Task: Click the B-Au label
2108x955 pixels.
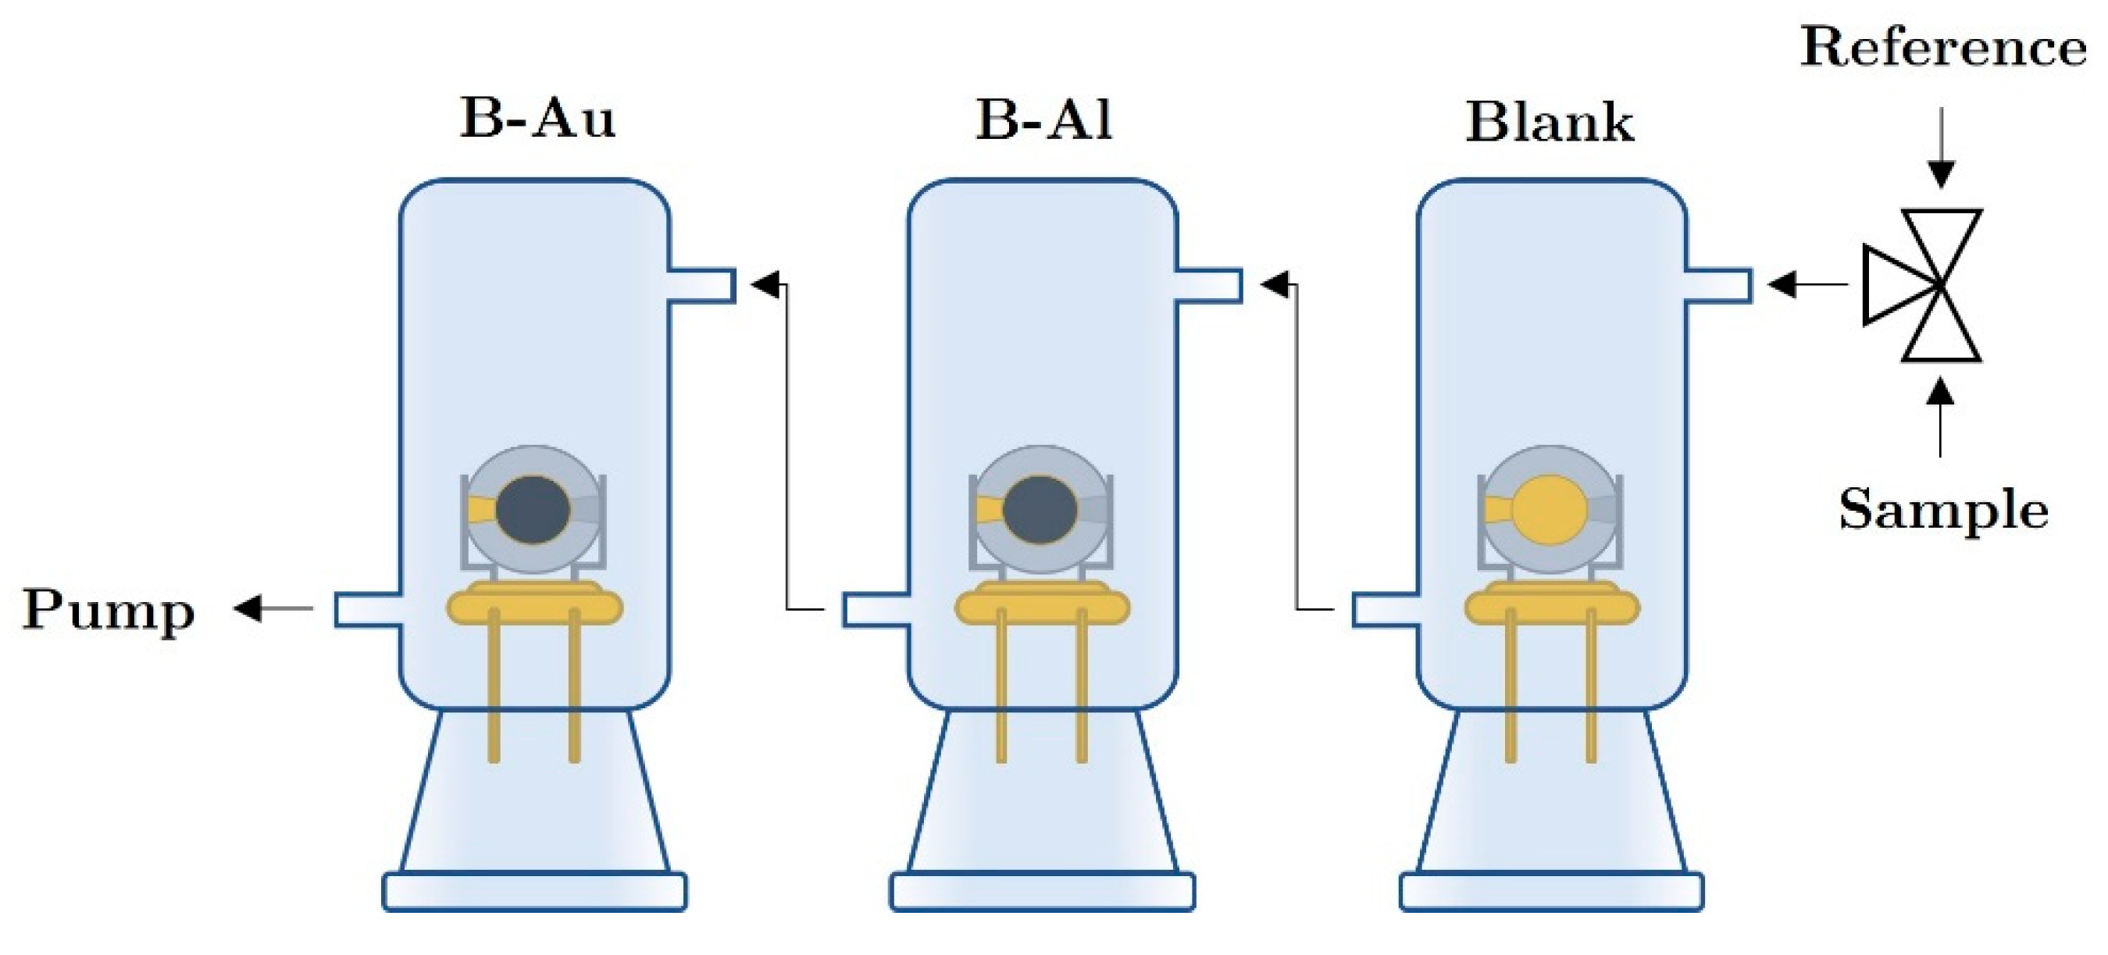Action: [x=537, y=119]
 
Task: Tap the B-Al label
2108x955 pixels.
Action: [x=1043, y=119]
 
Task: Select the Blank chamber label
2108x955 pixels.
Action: [x=1549, y=123]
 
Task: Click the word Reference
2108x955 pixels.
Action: [x=1942, y=48]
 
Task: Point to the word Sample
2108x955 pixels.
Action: [x=1943, y=510]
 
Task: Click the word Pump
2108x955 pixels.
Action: [x=109, y=610]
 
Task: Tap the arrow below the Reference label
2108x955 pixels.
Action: [x=1941, y=148]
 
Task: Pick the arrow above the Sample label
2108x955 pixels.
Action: [x=1940, y=417]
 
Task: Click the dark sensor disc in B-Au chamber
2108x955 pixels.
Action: [x=533, y=510]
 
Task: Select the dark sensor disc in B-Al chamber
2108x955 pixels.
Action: [x=1040, y=510]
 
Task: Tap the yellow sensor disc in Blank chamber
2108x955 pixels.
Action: [x=1549, y=510]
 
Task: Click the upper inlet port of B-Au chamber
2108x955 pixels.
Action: [x=701, y=286]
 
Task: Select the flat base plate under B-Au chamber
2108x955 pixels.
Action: [x=534, y=892]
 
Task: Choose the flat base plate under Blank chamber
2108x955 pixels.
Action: [x=1552, y=892]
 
